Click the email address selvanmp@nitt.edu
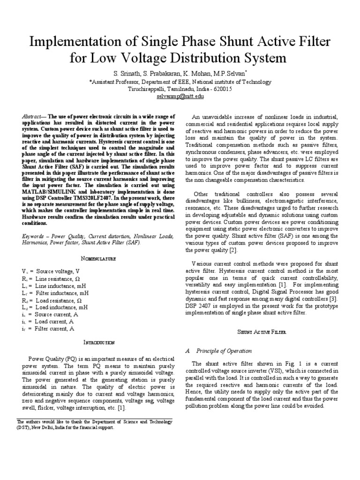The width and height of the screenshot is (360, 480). (x=180, y=96)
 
